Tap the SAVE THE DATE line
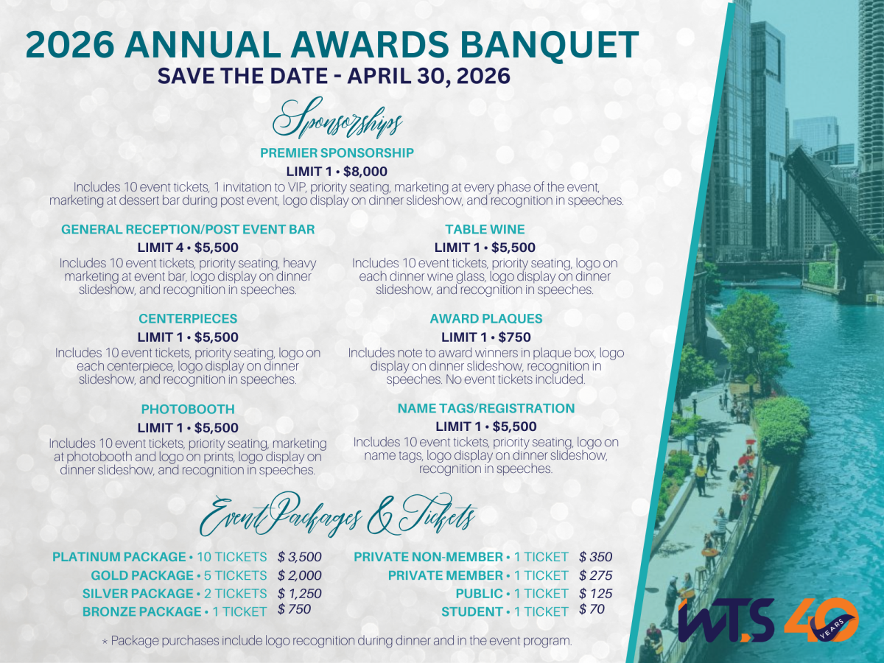click(x=334, y=76)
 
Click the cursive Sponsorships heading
click(x=338, y=120)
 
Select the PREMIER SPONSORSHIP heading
click(x=337, y=153)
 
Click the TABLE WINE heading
click(x=485, y=230)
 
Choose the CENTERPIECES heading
click(x=188, y=319)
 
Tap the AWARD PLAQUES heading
click(x=485, y=319)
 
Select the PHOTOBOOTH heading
click(x=188, y=409)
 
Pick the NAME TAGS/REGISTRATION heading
click(x=485, y=408)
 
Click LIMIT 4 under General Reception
click(x=161, y=248)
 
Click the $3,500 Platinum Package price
click(x=300, y=557)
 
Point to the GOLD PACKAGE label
click(x=139, y=575)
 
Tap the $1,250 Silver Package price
click(x=300, y=593)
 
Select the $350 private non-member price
click(x=595, y=557)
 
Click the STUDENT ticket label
click(x=470, y=611)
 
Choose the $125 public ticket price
click(x=595, y=593)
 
